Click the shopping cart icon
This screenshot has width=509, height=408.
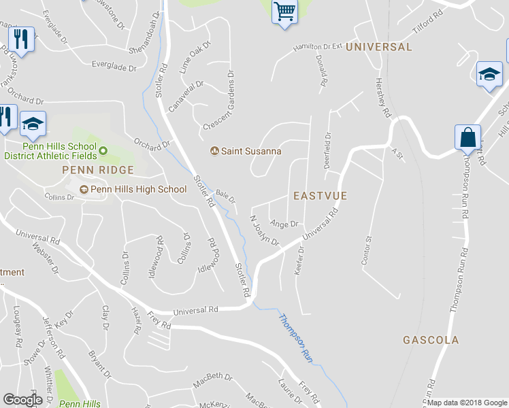point(285,12)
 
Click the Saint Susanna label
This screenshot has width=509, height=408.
point(250,151)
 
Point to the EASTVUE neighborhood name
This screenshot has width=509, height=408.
point(320,196)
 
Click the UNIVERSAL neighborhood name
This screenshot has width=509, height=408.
point(378,47)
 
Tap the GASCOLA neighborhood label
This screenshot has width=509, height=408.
point(430,339)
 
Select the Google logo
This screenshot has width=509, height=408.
point(23,400)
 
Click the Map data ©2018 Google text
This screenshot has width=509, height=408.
point(466,403)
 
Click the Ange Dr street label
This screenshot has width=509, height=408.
point(284,224)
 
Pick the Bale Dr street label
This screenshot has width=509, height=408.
point(226,197)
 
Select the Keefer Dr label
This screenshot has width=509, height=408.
point(299,260)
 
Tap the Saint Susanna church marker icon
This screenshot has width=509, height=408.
point(214,151)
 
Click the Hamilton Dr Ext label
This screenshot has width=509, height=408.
point(316,47)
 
